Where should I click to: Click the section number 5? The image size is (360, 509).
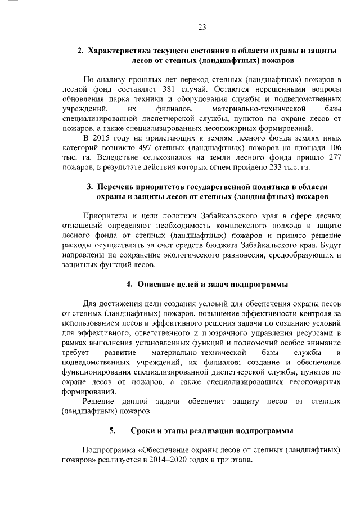(x=112, y=431)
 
